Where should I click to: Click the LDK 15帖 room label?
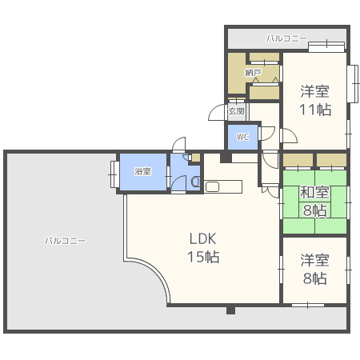[203, 248]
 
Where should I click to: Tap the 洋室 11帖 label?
[315, 101]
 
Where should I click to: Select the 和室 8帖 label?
[314, 202]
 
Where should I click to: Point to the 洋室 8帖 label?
[314, 269]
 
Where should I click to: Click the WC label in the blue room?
[242, 137]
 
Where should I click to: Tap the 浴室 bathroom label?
[142, 171]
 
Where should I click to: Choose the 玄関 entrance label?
[236, 111]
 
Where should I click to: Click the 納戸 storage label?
[253, 73]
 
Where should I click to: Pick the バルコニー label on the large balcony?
[65, 241]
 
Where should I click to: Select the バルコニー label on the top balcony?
[286, 38]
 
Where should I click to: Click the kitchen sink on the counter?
[212, 186]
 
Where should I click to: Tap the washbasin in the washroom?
[196, 182]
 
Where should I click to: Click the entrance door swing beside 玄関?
[216, 112]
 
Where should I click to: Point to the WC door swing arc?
[267, 134]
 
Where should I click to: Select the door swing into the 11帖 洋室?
[290, 136]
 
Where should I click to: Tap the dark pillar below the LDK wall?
[230, 310]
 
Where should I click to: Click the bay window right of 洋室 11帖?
[353, 83]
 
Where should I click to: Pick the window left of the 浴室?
[114, 174]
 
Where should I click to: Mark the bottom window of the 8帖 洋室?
[308, 305]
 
